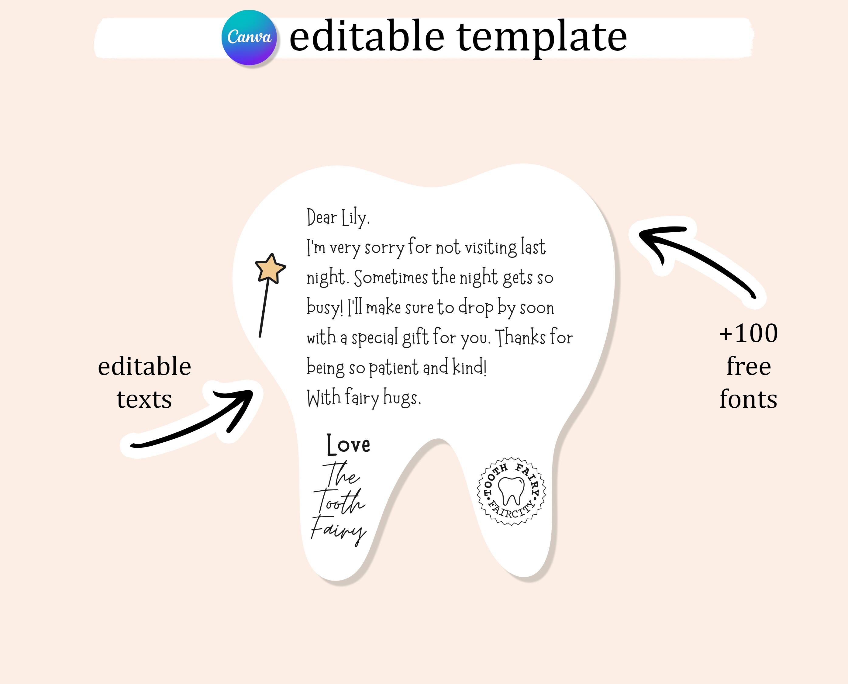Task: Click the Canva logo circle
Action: pyautogui.click(x=249, y=38)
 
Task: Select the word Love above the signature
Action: pyautogui.click(x=349, y=444)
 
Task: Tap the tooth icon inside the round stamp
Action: pyautogui.click(x=511, y=491)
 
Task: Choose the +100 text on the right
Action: pyautogui.click(x=748, y=333)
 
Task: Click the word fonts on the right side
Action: pyautogui.click(x=748, y=399)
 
